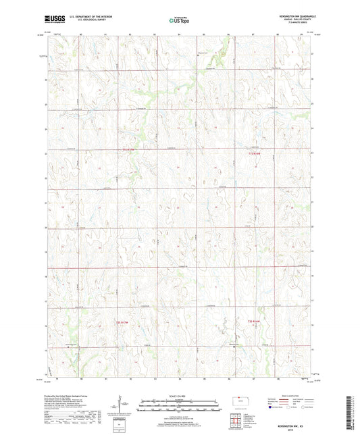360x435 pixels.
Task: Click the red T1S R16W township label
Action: tap(253, 153)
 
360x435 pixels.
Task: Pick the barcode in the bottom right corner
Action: tap(351, 412)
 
